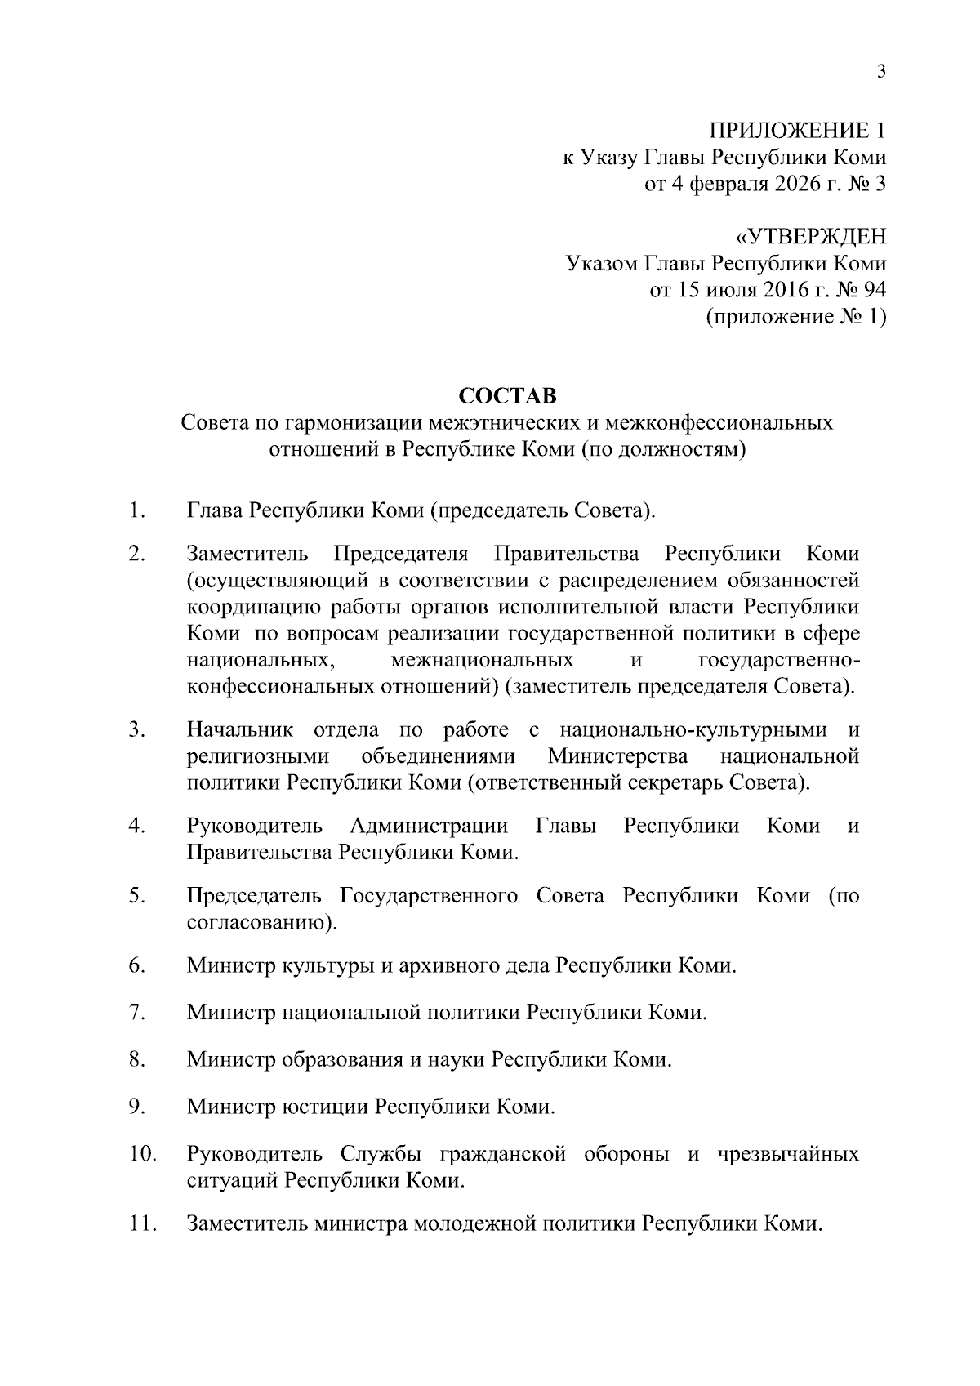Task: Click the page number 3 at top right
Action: [881, 71]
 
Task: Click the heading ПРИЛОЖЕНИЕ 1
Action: [796, 130]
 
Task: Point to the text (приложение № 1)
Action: [795, 317]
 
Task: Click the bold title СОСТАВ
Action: [507, 396]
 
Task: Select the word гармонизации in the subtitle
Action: [353, 423]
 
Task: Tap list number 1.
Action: [136, 512]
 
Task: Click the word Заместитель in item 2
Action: [248, 554]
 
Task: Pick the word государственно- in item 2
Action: [779, 659]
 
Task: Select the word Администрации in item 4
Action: [429, 826]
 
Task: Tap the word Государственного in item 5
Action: [429, 896]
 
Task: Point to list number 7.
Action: [136, 1013]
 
